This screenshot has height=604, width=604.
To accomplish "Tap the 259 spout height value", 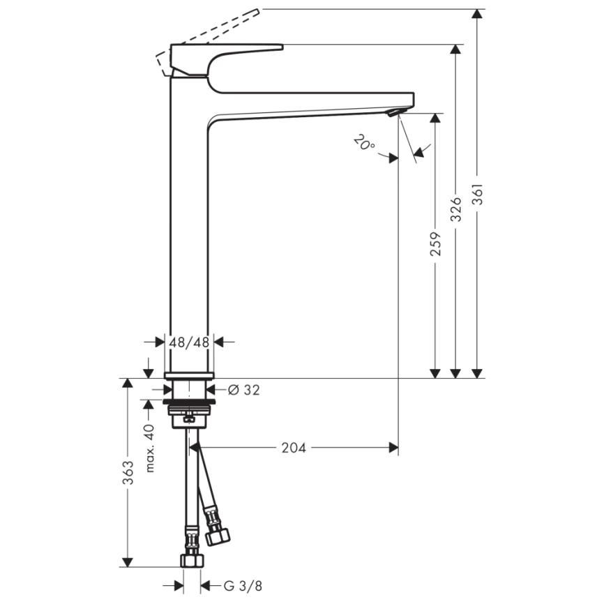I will pos(435,243).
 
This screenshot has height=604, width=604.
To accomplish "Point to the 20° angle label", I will pos(364,144).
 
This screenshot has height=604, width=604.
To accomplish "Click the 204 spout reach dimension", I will pos(294,448).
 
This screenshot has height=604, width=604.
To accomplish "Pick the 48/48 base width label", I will pos(190,342).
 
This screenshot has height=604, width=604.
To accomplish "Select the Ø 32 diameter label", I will pos(243,391).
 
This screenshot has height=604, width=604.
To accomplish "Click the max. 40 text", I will pos(149,447).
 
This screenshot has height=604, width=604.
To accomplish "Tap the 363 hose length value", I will pos(128,474).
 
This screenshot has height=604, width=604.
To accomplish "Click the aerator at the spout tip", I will pos(396,112).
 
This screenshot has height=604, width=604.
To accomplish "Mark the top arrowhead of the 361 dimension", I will pos(477,15).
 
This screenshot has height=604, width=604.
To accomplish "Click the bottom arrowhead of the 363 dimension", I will pos(128,561).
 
